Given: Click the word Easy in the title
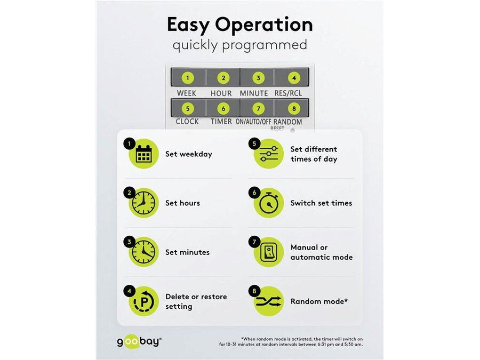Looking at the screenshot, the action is (x=188, y=25).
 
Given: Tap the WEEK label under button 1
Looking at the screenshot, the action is (x=187, y=93).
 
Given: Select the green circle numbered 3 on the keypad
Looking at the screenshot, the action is (x=258, y=78).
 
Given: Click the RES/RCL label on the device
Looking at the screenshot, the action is (x=288, y=93).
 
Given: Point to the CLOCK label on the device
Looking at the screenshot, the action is (x=187, y=122).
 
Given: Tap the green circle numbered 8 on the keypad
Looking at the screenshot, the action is (x=294, y=108).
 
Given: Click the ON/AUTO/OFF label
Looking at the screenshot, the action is (x=253, y=122).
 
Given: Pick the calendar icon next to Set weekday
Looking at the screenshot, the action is (x=143, y=154).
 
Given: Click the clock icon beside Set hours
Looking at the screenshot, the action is (x=143, y=203).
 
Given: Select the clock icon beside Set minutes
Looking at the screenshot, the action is (x=143, y=252).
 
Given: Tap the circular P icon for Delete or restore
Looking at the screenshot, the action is (x=143, y=301).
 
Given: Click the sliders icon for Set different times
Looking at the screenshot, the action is (x=269, y=154).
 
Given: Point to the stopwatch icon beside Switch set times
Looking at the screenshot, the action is (x=269, y=203).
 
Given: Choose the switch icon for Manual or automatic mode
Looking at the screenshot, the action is (x=269, y=252).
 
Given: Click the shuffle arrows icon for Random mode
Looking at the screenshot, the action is (x=268, y=301).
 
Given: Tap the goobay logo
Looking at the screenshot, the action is (x=139, y=341).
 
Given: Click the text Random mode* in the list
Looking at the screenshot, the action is (x=319, y=301).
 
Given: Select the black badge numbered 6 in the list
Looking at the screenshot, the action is (x=254, y=193).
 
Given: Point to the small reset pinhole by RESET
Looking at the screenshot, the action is (x=293, y=131).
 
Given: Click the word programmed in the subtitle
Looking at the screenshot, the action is (x=265, y=45).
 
